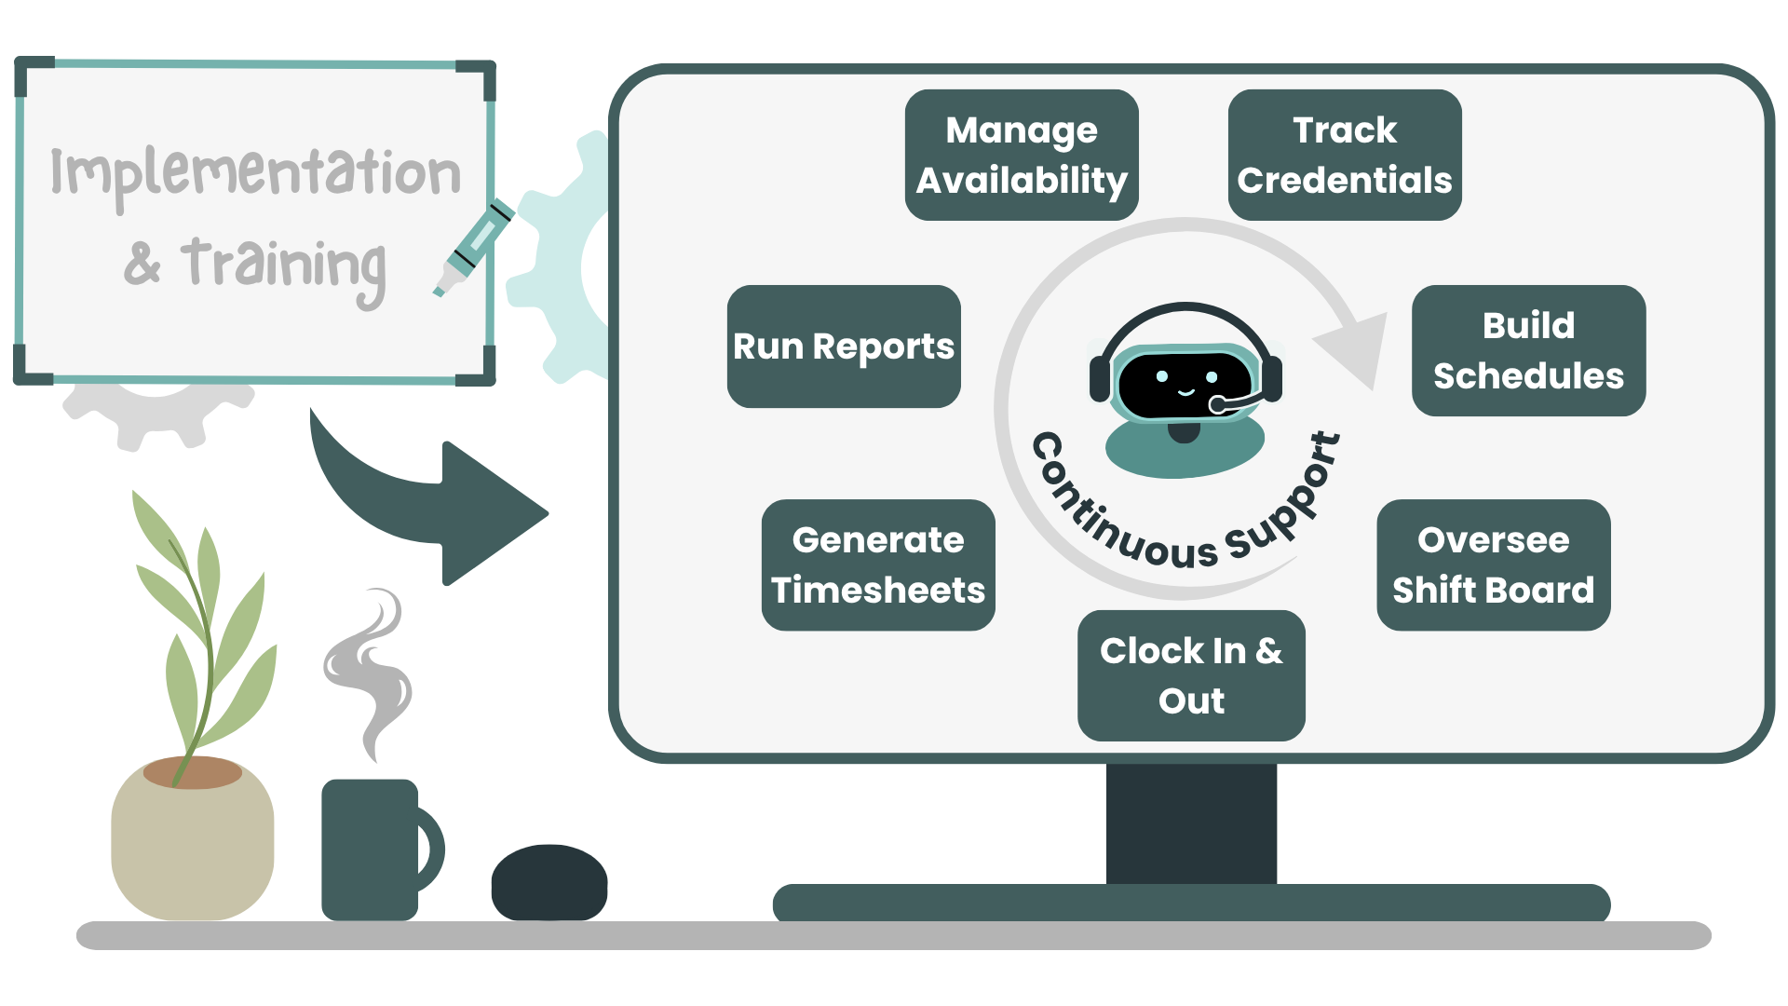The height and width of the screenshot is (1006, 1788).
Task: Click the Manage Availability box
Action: click(1022, 155)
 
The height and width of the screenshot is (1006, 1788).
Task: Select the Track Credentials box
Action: click(1344, 155)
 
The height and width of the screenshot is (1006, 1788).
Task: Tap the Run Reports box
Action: click(843, 347)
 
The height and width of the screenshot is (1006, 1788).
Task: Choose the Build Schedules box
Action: click(1528, 350)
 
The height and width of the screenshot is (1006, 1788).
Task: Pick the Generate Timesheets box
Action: click(877, 564)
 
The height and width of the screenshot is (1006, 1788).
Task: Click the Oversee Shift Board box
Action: click(1493, 564)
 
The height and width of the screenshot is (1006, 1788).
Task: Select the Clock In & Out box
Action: click(1191, 675)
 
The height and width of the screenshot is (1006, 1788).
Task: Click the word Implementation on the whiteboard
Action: click(255, 173)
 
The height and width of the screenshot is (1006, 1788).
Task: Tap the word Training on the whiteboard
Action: click(283, 265)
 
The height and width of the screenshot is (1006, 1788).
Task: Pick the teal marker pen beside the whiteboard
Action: click(475, 247)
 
